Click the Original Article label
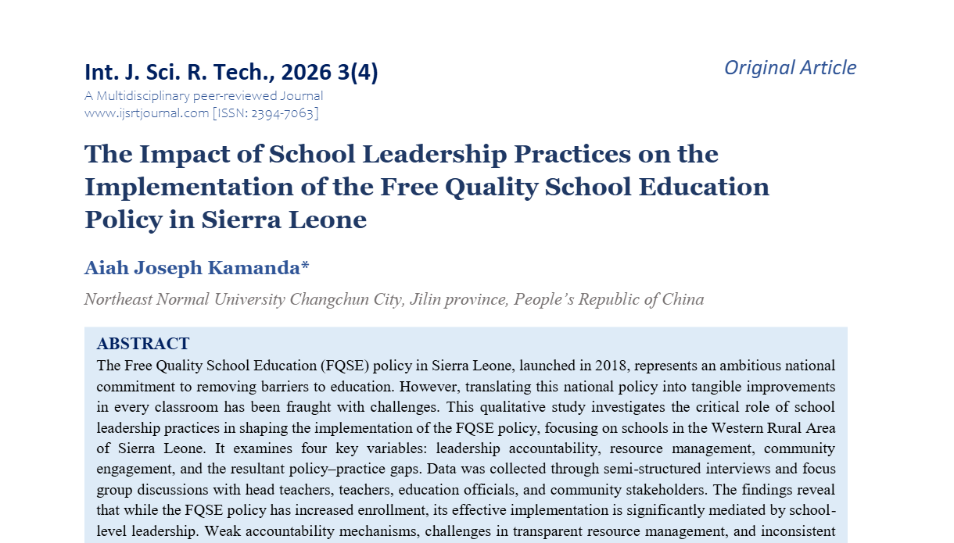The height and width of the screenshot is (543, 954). coord(790,68)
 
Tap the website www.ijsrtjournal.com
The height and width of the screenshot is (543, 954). coord(146,113)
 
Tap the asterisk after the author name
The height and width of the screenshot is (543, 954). coord(305,266)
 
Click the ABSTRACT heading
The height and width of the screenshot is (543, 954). coord(142,344)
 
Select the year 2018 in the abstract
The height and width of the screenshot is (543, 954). coord(611,366)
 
